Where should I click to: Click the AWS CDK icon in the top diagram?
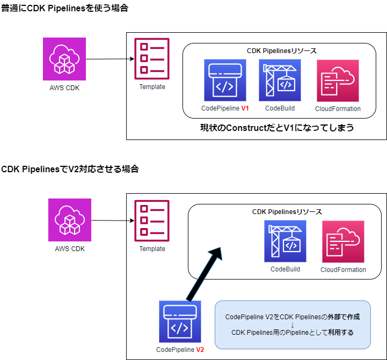click(x=64, y=59)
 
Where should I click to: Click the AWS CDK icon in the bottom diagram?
click(x=70, y=220)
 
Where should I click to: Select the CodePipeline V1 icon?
click(x=225, y=80)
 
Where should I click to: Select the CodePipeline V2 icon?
click(x=180, y=321)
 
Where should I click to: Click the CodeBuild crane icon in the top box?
click(x=280, y=80)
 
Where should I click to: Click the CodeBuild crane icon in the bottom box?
click(x=285, y=241)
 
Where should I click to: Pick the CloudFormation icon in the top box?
click(x=338, y=80)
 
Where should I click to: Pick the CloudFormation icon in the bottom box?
click(x=343, y=241)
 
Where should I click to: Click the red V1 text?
click(x=245, y=108)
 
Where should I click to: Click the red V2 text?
click(x=200, y=350)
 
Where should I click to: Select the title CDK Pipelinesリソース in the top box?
click(x=281, y=51)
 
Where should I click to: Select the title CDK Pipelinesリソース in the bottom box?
click(x=287, y=212)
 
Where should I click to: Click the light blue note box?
click(x=293, y=324)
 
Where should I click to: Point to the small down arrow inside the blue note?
click(x=293, y=325)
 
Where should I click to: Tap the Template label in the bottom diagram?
click(x=152, y=249)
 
